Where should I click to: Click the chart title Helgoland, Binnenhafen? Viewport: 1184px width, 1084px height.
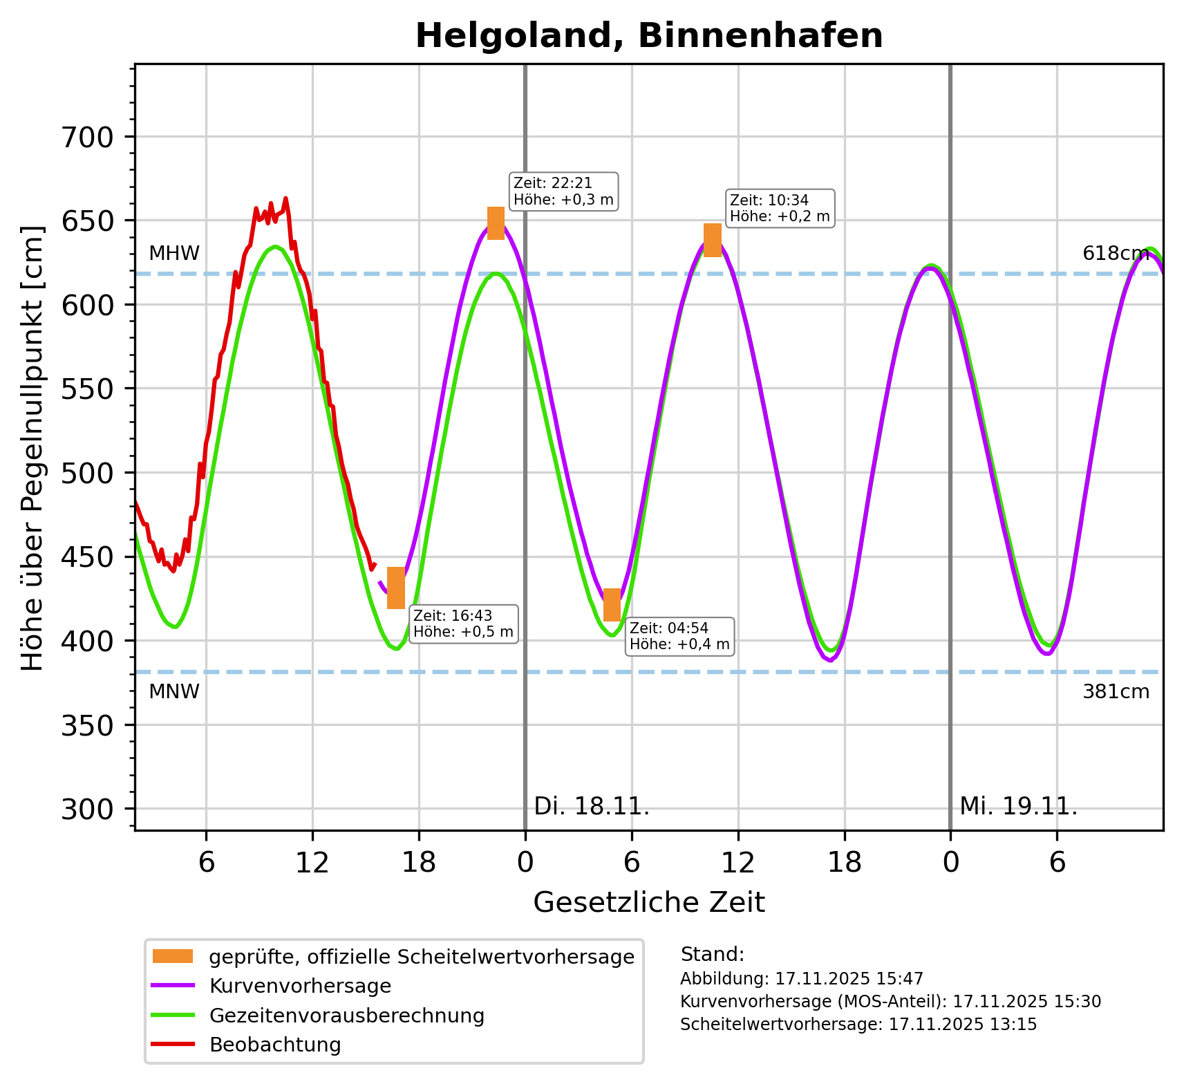[648, 36]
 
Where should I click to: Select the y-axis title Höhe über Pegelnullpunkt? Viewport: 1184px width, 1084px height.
[32, 448]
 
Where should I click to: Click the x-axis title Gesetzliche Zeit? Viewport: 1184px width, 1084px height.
[648, 902]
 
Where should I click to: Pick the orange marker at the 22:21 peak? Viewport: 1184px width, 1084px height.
[496, 223]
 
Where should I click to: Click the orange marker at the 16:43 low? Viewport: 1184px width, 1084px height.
[395, 588]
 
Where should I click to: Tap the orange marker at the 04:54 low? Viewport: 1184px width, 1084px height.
[612, 605]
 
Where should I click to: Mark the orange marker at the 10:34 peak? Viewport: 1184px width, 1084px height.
[712, 240]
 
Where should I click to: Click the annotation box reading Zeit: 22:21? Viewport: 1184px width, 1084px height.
[563, 191]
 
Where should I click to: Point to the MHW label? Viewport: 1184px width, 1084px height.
[174, 254]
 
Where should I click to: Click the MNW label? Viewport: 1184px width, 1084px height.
[174, 691]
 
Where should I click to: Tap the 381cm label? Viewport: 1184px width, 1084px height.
[1116, 691]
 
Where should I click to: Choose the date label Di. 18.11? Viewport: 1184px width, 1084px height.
[592, 806]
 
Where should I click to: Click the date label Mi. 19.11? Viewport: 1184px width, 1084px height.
[1018, 806]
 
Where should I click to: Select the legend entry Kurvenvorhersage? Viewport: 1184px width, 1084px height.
[300, 986]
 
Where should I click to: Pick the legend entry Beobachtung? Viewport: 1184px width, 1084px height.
[275, 1045]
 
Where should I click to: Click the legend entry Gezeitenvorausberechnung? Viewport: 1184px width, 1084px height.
[346, 1016]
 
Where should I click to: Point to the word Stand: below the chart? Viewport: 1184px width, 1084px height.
[712, 955]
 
